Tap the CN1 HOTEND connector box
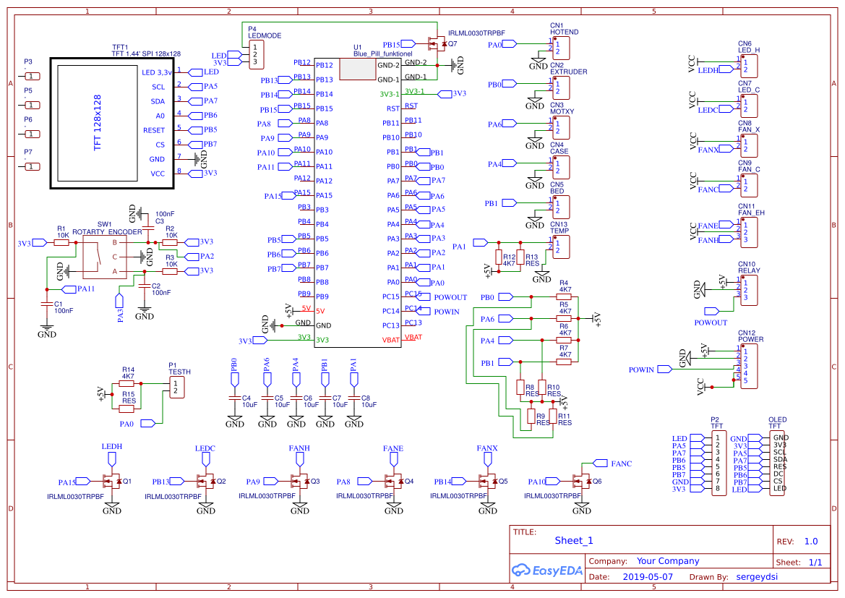click(560, 48)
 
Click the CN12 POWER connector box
click(750, 366)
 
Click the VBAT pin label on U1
click(390, 340)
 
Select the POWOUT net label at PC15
click(450, 297)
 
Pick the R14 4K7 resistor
click(127, 385)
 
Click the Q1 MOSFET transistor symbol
click(113, 481)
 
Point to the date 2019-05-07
click(647, 577)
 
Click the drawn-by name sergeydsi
click(756, 577)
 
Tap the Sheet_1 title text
click(574, 540)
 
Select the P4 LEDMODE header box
click(254, 55)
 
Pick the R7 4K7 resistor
click(565, 362)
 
